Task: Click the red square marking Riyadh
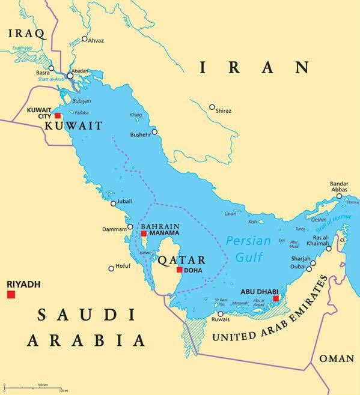[11, 294]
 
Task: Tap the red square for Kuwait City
[58, 116]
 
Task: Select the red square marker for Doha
[179, 270]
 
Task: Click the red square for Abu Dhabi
[276, 298]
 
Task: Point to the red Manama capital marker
[144, 234]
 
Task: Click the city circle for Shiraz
[212, 107]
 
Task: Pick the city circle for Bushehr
[154, 132]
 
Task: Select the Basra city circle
[52, 68]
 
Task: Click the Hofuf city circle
[111, 268]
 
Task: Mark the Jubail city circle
[114, 204]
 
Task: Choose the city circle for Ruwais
[221, 314]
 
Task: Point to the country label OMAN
[336, 358]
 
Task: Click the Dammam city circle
[130, 228]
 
